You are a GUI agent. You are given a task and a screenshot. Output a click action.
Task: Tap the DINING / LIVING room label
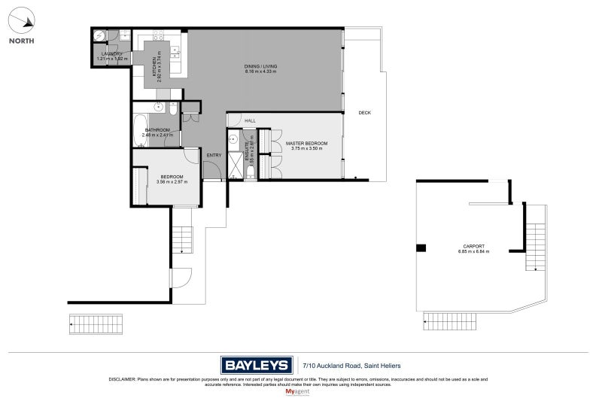click(x=260, y=67)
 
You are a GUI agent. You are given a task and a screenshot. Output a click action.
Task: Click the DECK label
click(x=364, y=113)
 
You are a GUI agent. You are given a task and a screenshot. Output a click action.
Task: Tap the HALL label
click(x=250, y=120)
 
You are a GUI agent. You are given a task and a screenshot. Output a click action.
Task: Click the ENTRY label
click(x=214, y=156)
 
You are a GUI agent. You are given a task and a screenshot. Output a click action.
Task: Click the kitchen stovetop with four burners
click(x=158, y=35)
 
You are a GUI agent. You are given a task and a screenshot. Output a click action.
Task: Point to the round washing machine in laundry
click(x=99, y=35)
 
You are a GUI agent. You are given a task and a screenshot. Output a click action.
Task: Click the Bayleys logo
click(x=256, y=365)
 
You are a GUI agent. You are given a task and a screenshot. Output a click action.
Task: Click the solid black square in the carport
click(x=421, y=248)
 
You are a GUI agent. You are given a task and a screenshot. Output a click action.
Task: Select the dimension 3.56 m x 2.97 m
click(x=172, y=181)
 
